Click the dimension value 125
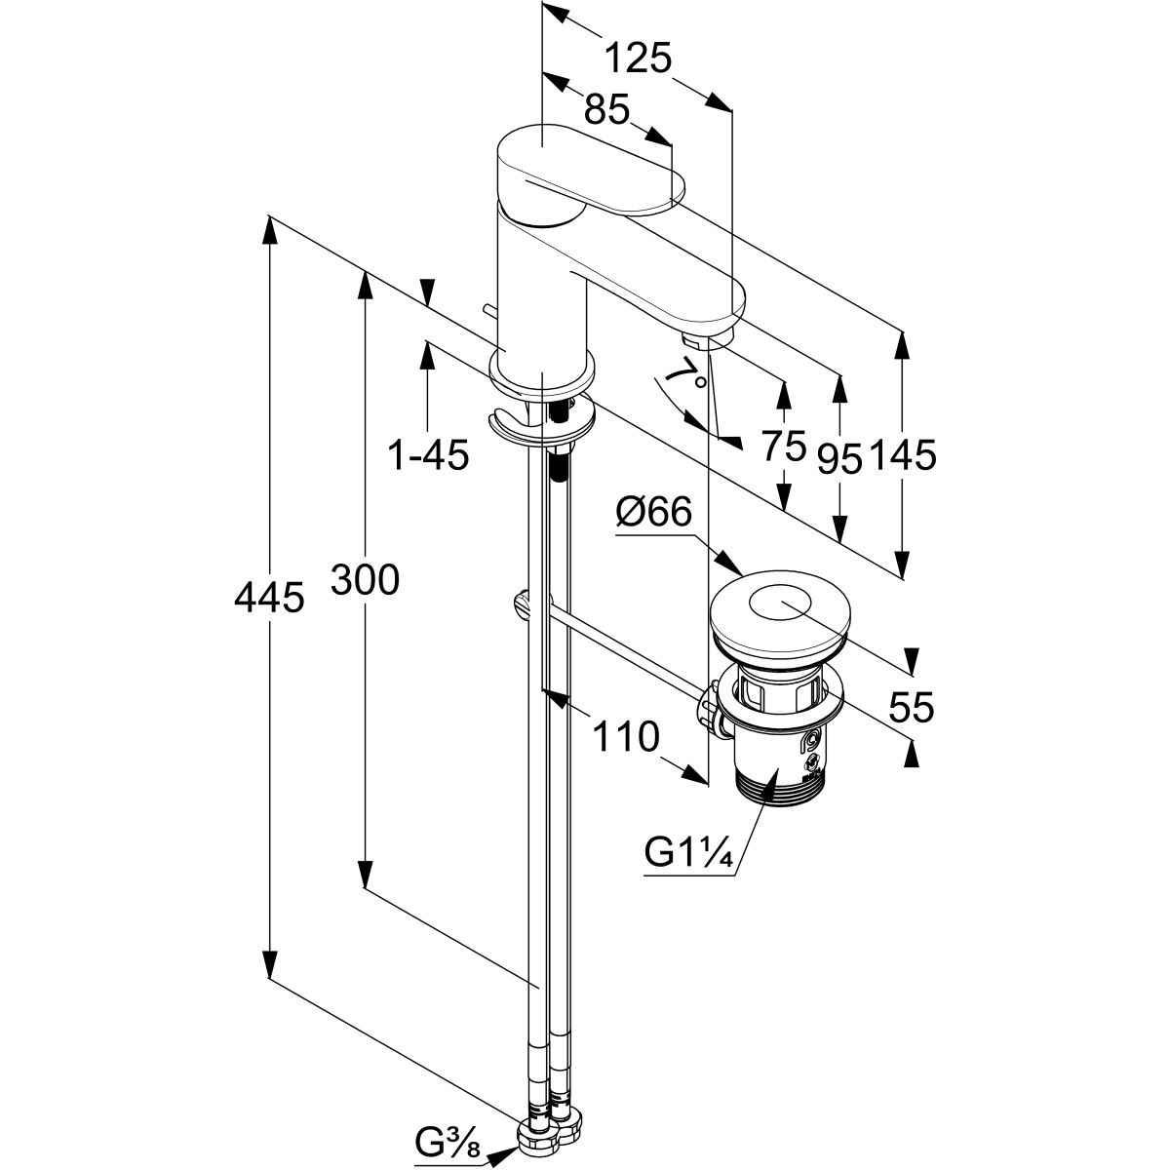pos(639,60)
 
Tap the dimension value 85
pos(606,109)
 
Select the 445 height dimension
pos(269,598)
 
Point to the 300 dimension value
pos(364,581)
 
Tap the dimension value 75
pos(784,448)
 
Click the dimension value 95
pos(839,457)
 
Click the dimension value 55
pos(911,706)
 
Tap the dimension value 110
pos(623,738)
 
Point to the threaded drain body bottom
pos(775,780)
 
